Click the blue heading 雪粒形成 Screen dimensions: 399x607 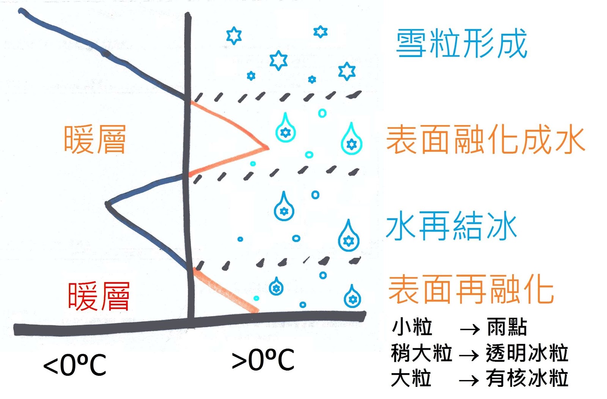[461, 44]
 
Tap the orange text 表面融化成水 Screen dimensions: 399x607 [485, 140]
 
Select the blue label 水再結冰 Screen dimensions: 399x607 [451, 226]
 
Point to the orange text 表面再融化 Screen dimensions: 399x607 [471, 290]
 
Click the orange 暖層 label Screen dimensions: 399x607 [95, 140]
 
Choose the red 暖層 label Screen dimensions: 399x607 [99, 296]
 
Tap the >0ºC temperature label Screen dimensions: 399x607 [263, 360]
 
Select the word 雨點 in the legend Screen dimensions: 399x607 [507, 327]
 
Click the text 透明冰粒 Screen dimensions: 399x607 [527, 353]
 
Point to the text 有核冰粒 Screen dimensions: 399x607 [527, 379]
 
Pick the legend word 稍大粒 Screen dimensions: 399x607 [421, 353]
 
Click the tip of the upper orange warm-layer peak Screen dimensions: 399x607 [267, 147]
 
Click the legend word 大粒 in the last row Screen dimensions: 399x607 [411, 379]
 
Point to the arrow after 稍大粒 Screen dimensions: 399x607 [469, 355]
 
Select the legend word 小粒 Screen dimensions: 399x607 [412, 327]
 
